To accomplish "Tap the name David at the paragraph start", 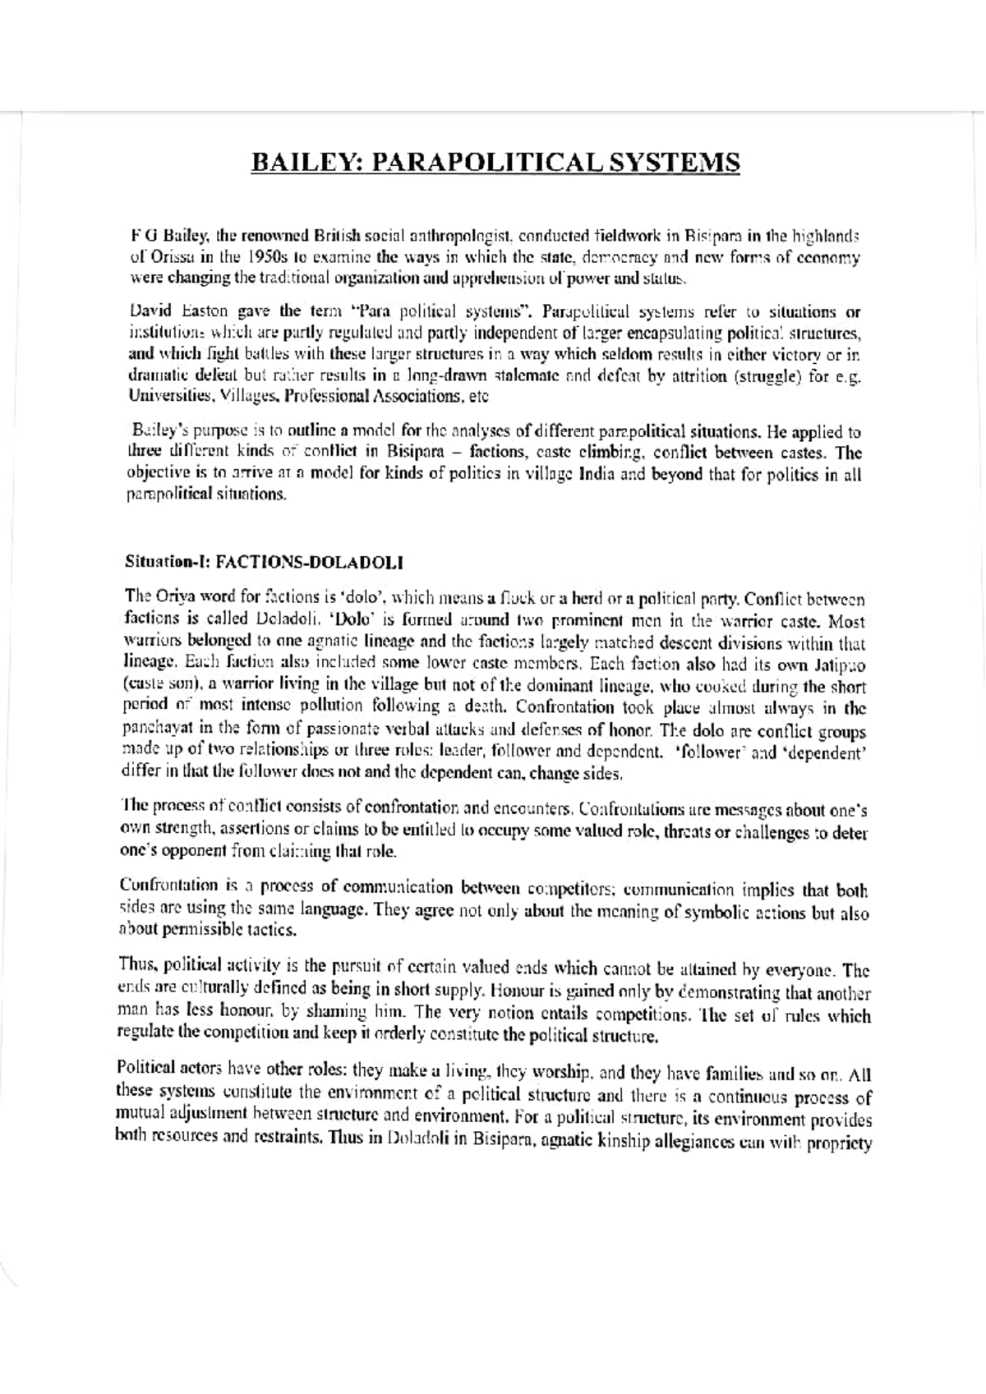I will click(x=151, y=312).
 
